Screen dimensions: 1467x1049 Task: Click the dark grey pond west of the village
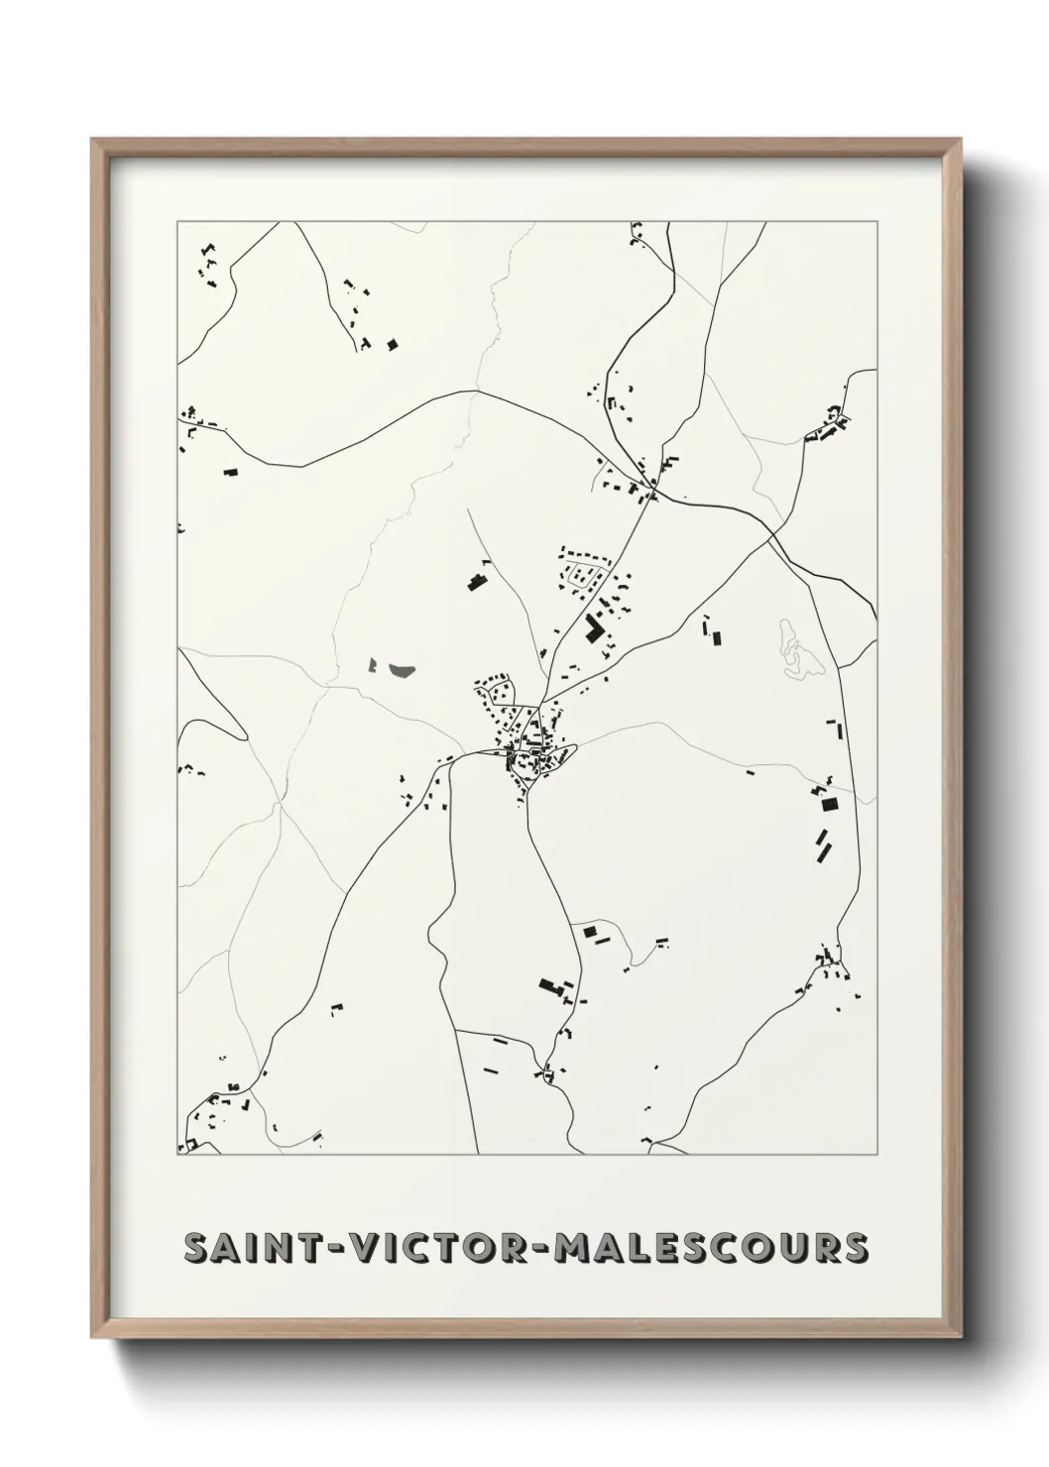click(x=402, y=671)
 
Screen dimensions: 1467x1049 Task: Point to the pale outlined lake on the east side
click(x=797, y=651)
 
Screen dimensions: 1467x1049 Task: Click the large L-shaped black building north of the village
click(x=595, y=629)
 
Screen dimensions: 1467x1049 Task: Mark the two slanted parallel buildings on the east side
click(x=824, y=844)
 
